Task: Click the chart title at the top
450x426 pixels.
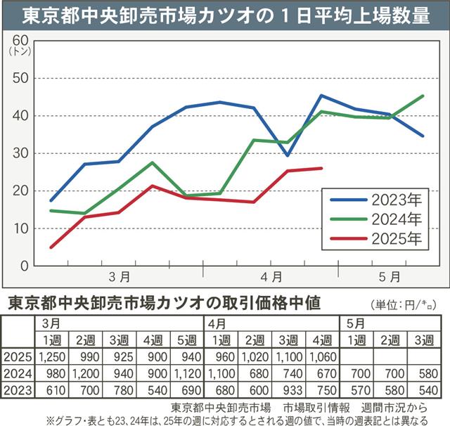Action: (x=225, y=15)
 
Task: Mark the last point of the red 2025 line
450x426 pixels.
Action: (x=321, y=168)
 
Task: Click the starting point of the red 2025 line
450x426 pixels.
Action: (x=51, y=247)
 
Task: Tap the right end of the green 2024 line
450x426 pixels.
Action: (x=423, y=96)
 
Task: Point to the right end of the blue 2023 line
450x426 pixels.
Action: (x=423, y=136)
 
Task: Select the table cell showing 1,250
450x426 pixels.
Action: (x=52, y=358)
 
